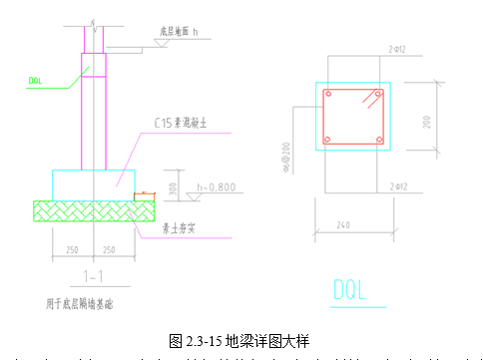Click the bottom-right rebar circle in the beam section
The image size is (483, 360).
(x=379, y=140)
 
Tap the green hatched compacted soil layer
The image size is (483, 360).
(x=90, y=211)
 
